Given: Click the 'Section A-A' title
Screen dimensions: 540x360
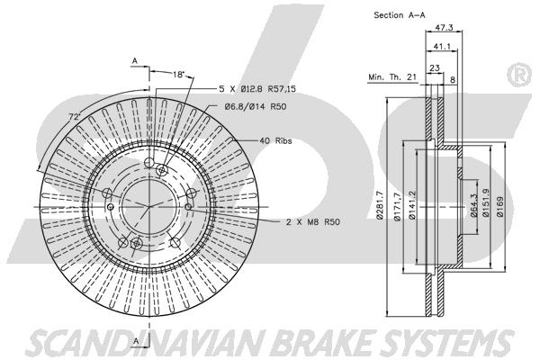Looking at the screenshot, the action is click(x=400, y=15).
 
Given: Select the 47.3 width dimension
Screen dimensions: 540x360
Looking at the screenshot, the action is click(x=444, y=28).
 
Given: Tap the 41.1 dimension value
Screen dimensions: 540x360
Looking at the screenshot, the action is click(x=442, y=46).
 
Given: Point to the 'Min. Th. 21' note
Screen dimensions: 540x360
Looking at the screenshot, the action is click(x=392, y=76).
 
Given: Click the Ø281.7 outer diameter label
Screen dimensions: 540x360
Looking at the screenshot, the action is click(x=380, y=205).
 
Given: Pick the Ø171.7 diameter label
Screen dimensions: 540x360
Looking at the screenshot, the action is click(x=398, y=207).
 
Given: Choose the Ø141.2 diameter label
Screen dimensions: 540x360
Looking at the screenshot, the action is click(x=412, y=205).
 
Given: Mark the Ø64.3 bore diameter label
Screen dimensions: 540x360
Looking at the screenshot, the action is click(x=473, y=206).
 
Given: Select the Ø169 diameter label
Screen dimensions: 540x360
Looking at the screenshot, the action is click(x=500, y=207).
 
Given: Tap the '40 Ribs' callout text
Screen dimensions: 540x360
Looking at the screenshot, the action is click(x=275, y=140).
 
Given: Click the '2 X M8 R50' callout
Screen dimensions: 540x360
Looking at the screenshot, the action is click(x=312, y=222).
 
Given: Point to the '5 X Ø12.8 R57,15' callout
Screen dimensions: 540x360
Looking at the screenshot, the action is click(x=257, y=89).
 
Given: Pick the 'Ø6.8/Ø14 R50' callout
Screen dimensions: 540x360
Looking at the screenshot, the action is click(x=256, y=107).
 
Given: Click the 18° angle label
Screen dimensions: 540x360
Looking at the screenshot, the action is click(x=179, y=74).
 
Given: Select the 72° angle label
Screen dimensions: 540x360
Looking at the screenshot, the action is click(x=74, y=116).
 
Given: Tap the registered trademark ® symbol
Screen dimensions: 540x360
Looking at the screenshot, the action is click(x=520, y=75).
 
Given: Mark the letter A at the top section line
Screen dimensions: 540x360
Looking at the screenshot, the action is click(x=135, y=61).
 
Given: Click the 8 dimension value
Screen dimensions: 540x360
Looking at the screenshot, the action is click(x=453, y=79).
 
